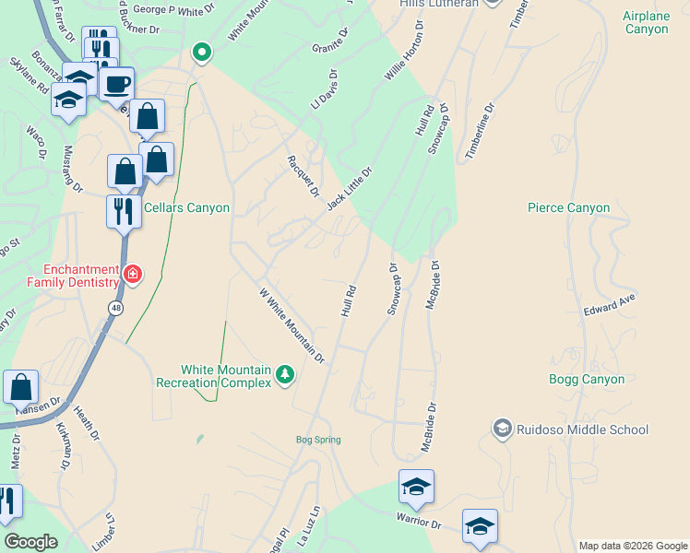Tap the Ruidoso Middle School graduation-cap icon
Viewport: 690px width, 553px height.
coord(502,428)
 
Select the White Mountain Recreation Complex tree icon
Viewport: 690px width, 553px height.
coord(286,374)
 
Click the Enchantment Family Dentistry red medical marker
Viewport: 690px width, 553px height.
coord(132,274)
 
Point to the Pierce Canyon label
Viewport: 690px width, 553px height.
coord(568,207)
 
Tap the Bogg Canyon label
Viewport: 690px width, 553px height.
coord(587,379)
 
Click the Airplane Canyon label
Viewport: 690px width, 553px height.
coord(658,23)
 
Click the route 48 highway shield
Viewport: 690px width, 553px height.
coord(114,309)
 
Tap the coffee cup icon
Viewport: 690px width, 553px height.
coord(116,85)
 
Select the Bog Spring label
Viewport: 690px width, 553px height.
coord(318,440)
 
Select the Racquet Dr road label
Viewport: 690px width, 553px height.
coord(303,174)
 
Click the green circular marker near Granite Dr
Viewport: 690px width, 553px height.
coord(202,52)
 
